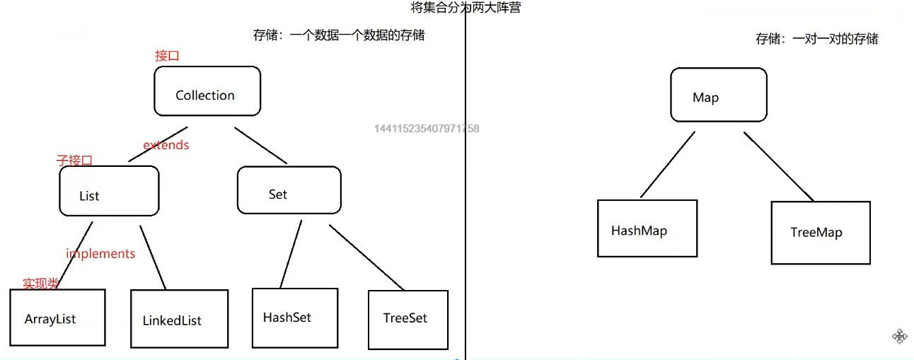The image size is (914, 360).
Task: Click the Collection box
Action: (x=207, y=91)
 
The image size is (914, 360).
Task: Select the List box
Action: (x=109, y=191)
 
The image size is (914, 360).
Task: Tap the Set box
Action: (x=289, y=190)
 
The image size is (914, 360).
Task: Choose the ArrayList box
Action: (x=57, y=317)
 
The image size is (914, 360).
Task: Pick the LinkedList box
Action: (x=180, y=318)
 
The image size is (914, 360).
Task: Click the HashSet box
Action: (x=295, y=318)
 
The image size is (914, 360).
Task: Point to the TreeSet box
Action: (x=407, y=319)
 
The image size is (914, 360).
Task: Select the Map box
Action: (x=718, y=94)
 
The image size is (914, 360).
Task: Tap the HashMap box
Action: (x=647, y=228)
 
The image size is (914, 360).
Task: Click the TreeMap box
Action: (x=820, y=232)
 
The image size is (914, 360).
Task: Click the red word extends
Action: (x=166, y=145)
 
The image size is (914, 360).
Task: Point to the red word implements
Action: (x=100, y=253)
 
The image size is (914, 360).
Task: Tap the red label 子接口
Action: (x=74, y=161)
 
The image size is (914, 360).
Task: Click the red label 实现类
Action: (x=40, y=284)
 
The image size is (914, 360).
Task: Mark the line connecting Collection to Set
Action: (x=261, y=146)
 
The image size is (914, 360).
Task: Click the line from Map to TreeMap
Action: (x=778, y=166)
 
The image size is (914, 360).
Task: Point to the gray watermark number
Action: (x=427, y=129)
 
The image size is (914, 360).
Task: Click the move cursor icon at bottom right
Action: (x=899, y=336)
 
